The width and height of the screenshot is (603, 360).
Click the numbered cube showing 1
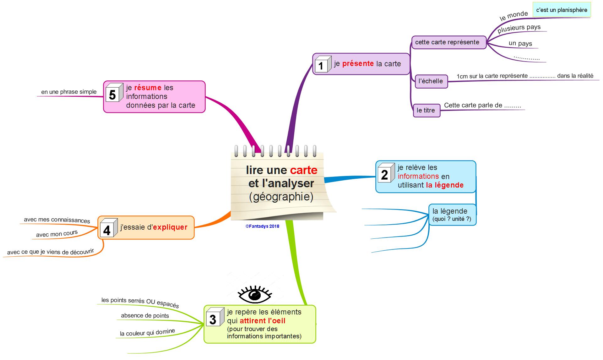coord(323,64)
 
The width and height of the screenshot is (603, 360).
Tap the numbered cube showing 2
coord(386,173)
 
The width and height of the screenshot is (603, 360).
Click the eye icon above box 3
coord(254,295)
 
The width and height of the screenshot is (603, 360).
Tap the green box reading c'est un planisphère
coord(562,10)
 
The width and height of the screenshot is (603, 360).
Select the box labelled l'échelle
coord(431,81)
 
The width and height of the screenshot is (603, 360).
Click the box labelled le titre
coord(426,111)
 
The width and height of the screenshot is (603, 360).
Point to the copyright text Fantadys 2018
coord(262,226)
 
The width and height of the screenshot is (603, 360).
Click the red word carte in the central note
coord(303,170)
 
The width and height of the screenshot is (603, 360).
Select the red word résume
coord(148,88)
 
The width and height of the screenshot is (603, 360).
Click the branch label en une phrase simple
coord(69,92)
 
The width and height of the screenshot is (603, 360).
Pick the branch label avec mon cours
coord(57,234)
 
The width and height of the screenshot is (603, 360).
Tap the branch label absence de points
coord(145,316)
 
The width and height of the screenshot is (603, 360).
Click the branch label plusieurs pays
coord(519,28)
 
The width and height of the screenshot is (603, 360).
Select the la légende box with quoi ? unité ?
coord(452,215)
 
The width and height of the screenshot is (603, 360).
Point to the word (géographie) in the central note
coord(281,197)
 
